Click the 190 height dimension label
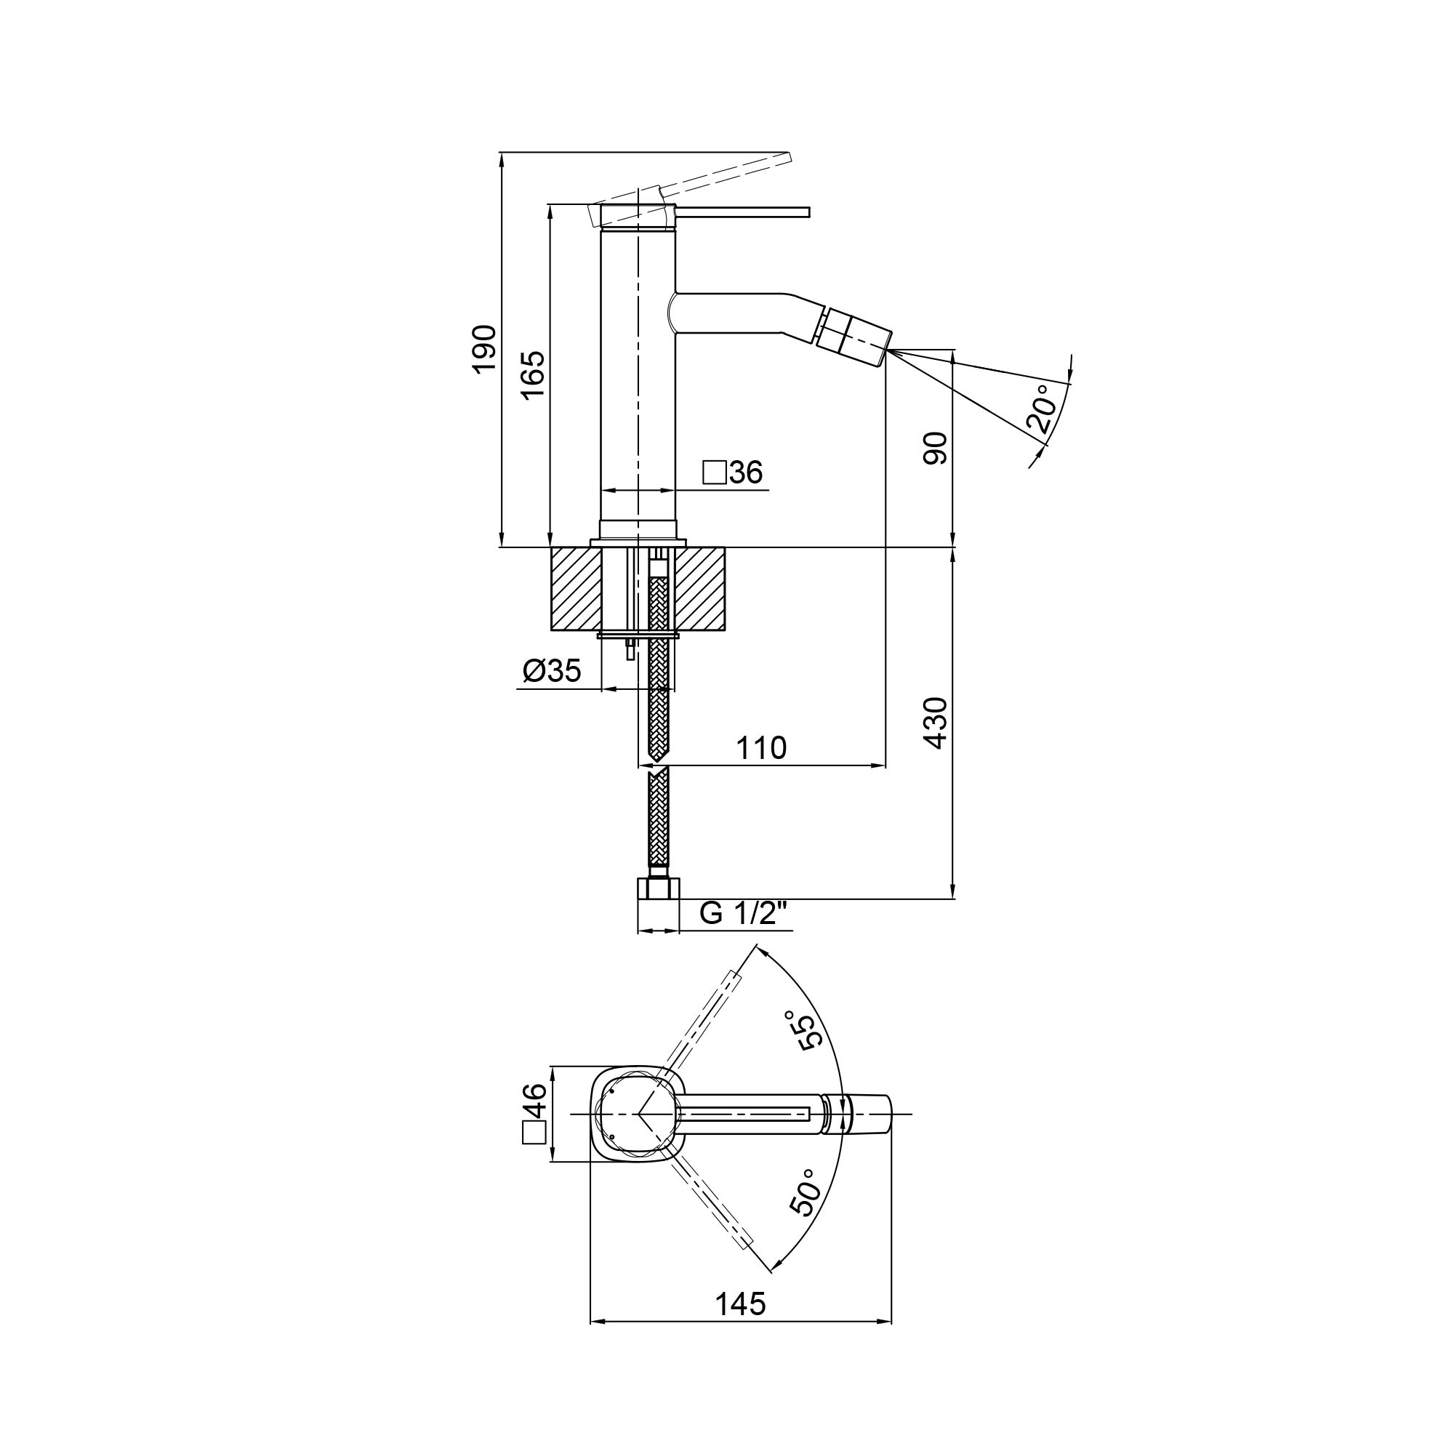(x=485, y=348)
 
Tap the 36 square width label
(x=746, y=473)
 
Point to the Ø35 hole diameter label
(x=553, y=670)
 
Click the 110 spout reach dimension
(x=761, y=748)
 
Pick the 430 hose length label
(x=936, y=723)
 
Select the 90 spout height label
(x=936, y=449)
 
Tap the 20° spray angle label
(x=1042, y=409)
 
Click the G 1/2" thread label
(x=743, y=913)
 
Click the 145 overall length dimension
(x=740, y=1304)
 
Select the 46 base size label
(x=534, y=1103)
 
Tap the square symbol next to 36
(x=714, y=473)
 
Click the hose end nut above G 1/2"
(x=658, y=889)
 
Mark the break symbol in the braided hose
(x=659, y=766)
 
